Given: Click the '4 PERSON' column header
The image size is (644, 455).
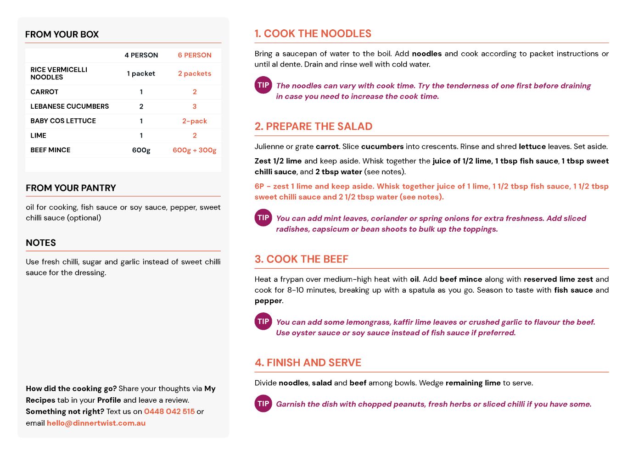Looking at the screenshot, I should pos(141,55).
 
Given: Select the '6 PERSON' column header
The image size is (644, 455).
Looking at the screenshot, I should pos(195,55).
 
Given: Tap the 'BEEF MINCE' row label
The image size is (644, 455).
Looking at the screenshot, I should pos(50,150).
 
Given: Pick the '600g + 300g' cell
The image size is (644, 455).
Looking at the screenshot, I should pos(195,150).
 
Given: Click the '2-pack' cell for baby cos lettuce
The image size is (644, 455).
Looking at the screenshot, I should pos(195,121).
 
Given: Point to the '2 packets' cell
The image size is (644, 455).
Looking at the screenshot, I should pos(195,73).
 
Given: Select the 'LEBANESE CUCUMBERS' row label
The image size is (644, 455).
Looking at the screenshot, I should pos(70,106).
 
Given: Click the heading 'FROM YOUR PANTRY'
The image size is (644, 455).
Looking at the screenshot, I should pos(71,188).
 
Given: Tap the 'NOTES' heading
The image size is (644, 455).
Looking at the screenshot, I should pos(41,243).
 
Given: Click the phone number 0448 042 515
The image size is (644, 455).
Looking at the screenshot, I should pos(169,411).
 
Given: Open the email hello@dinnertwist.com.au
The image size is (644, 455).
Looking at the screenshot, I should pos(96,423).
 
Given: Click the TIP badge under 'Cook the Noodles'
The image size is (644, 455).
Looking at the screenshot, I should pos(263,85).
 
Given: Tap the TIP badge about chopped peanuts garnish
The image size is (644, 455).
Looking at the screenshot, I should pos(263,404).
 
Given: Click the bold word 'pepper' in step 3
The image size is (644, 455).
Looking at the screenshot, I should pos(268,301).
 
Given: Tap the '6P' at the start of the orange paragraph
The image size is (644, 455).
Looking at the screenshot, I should pos(259,186).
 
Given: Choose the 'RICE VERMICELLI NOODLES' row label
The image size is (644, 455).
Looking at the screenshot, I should pos(59,73).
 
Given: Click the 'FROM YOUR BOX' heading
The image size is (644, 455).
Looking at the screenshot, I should pos(62,34).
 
